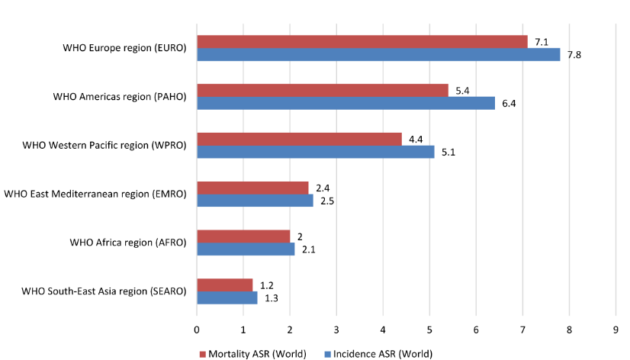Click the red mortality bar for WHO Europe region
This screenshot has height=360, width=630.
point(362,41)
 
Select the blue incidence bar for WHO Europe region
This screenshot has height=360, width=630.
point(378,54)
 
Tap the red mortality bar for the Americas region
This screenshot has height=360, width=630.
point(323,90)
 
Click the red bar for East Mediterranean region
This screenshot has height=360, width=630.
point(252,188)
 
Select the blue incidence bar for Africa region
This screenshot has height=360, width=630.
point(246,249)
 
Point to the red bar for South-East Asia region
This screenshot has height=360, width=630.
point(225,285)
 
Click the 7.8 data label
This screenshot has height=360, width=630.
point(574,54)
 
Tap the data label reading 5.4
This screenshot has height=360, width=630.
point(462,90)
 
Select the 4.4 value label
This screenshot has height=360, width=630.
point(416,139)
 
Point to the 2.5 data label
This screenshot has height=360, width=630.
point(327,201)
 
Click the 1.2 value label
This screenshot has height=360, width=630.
point(267,285)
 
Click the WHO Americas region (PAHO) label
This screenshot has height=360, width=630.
point(120,97)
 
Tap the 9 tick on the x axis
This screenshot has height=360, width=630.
point(616,329)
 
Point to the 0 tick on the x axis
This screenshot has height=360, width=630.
point(197,329)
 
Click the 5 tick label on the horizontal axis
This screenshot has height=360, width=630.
point(429,329)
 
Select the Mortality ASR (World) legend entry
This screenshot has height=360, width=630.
point(252,353)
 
